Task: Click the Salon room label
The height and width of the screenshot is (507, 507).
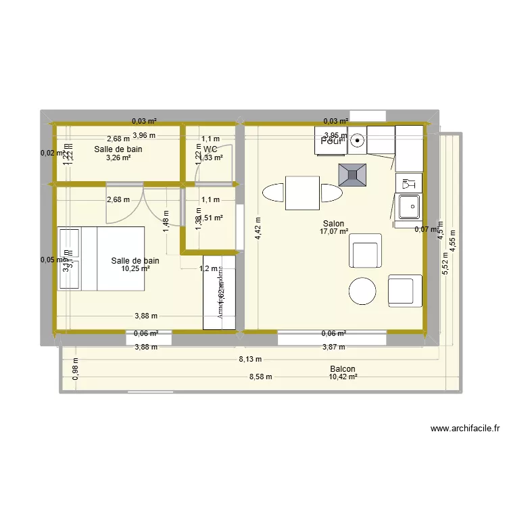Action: [334, 224]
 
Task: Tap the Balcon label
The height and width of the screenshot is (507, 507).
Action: [343, 369]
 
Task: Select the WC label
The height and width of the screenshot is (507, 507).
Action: [210, 149]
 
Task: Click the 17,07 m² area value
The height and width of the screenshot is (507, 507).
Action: [334, 232]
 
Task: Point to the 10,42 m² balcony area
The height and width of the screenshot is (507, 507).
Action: [343, 377]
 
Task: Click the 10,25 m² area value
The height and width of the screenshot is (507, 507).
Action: [135, 269]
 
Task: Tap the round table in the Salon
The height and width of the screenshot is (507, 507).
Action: [362, 291]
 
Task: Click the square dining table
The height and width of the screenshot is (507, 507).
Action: [302, 193]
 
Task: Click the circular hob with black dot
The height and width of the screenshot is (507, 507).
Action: [357, 141]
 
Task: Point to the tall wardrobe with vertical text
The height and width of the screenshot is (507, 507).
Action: [220, 293]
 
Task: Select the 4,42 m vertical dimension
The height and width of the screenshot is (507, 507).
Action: [257, 227]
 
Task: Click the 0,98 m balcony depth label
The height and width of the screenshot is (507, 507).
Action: [75, 369]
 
